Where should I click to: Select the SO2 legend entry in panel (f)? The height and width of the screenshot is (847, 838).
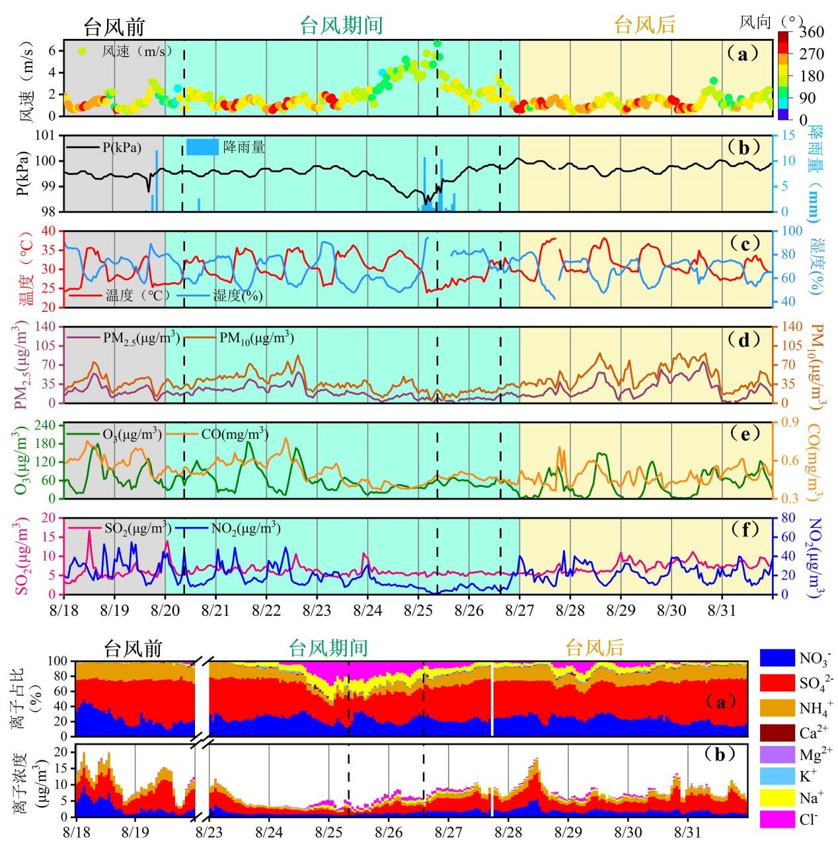coord(137,529)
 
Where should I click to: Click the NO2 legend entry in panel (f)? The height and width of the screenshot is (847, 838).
coord(245,529)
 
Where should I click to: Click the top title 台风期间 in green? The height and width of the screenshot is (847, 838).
coord(341,26)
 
